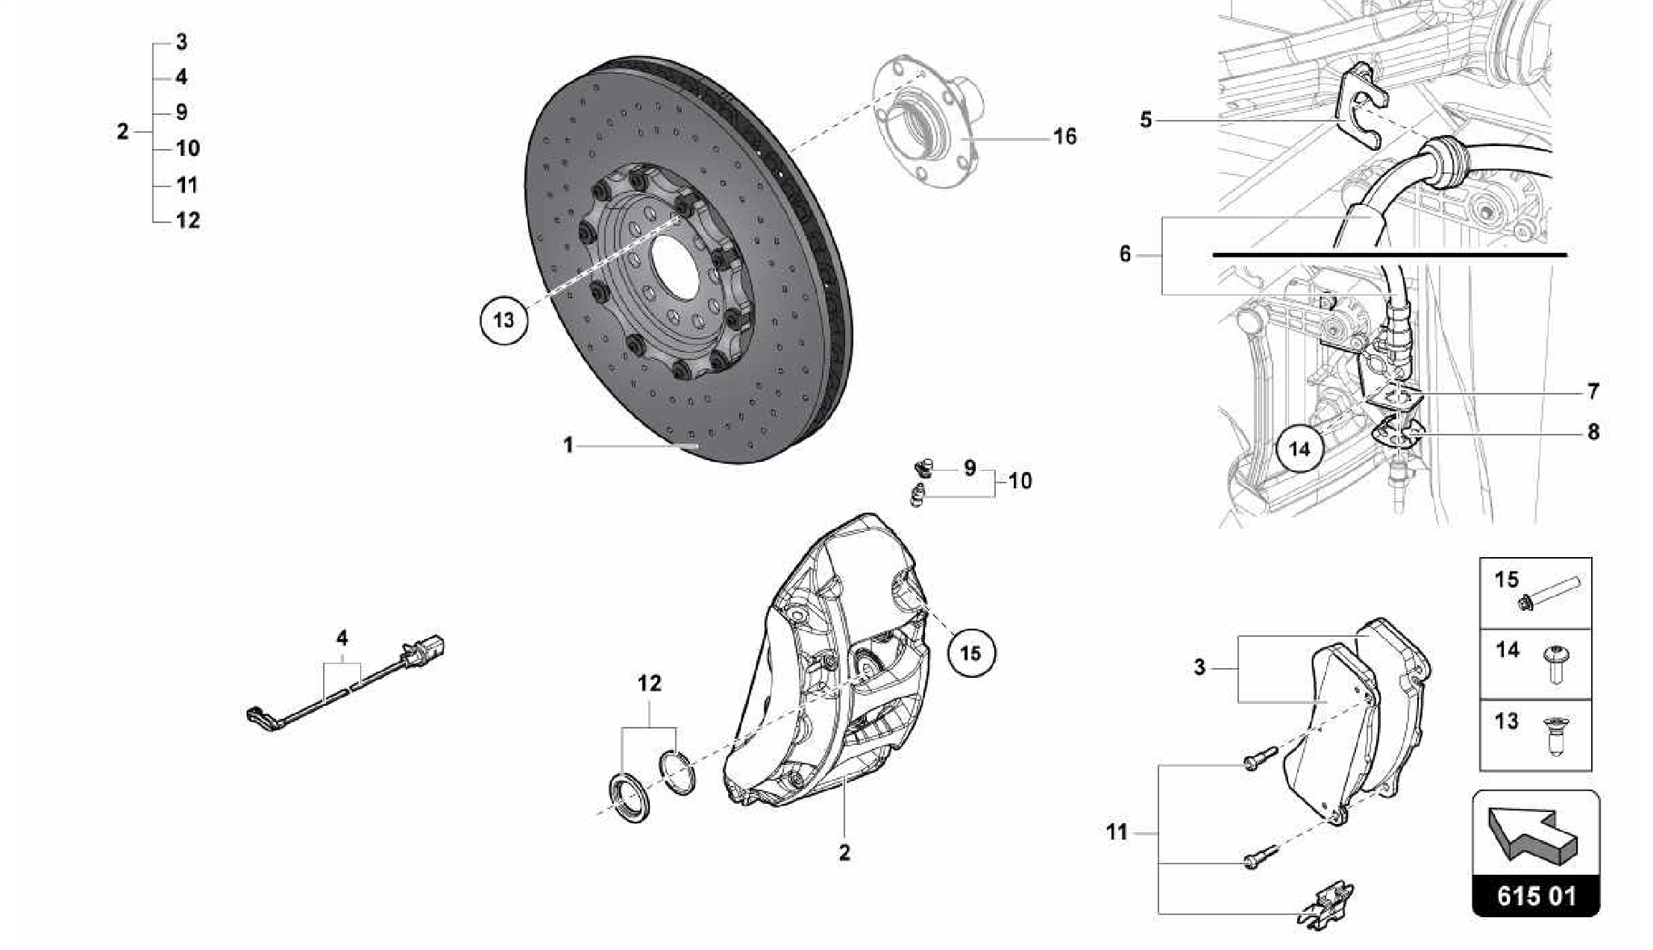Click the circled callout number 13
click(x=504, y=320)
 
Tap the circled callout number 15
click(x=971, y=652)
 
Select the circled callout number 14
click(x=1299, y=448)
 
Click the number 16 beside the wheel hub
click(x=1065, y=136)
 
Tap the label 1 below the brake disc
click(x=568, y=445)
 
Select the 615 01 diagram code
click(x=1535, y=896)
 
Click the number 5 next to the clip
click(x=1146, y=120)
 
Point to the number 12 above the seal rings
click(x=649, y=684)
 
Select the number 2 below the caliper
click(x=844, y=852)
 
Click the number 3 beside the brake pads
click(x=1199, y=668)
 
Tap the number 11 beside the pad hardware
click(x=1117, y=832)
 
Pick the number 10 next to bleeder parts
click(x=1020, y=481)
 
